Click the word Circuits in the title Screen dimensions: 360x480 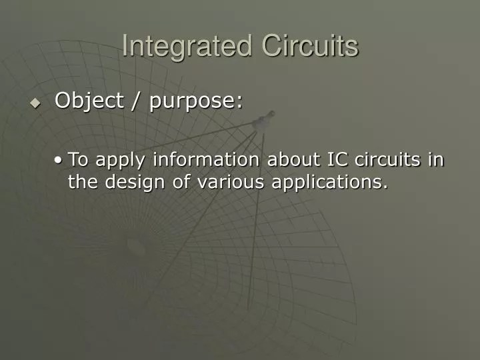[x=310, y=46]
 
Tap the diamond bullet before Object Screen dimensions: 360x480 [x=35, y=103]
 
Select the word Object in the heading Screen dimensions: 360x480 [x=89, y=101]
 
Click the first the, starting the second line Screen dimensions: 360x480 [x=83, y=181]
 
